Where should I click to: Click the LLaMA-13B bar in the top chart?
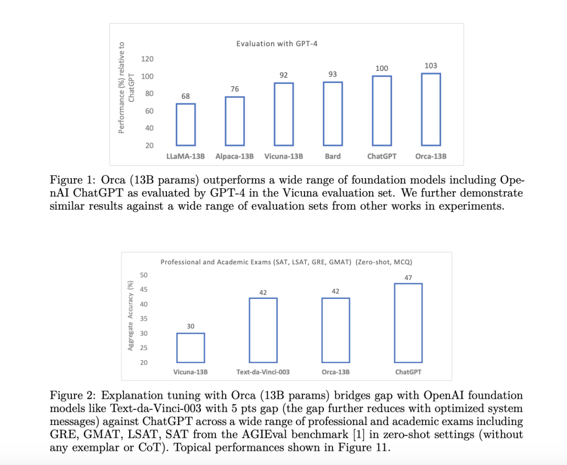point(185,125)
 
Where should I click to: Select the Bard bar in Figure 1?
point(333,113)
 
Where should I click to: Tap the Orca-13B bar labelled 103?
point(430,109)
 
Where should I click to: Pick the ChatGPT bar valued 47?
point(408,323)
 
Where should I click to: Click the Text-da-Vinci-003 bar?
point(263,330)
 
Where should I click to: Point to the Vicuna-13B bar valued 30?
point(191,348)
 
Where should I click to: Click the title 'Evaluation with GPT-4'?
point(277,44)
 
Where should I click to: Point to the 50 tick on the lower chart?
point(144,275)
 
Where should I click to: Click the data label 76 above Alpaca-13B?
point(235,89)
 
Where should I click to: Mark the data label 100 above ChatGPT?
point(382,68)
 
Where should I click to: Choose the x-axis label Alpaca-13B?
point(235,156)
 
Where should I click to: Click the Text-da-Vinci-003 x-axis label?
point(263,372)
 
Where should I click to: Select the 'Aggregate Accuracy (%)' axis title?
point(130,315)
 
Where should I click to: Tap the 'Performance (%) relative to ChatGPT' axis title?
point(127,87)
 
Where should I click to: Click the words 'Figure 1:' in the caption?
point(71,180)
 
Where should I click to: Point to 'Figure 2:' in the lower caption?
point(71,395)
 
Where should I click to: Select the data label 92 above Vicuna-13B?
point(284,75)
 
